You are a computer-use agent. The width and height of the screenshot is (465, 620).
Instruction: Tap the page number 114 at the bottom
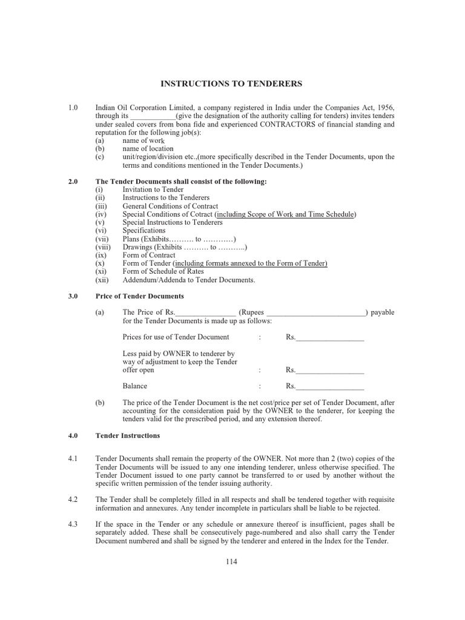[x=231, y=562]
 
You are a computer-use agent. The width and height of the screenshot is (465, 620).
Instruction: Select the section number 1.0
[x=73, y=107]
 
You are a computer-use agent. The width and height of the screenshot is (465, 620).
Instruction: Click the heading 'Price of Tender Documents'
[x=140, y=296]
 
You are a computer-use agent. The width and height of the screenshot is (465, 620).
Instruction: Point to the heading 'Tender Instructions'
[x=128, y=435]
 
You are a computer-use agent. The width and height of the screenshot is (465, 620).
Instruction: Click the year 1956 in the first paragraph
[x=383, y=107]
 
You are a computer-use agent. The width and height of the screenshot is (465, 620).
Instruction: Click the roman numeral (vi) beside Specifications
[x=102, y=231]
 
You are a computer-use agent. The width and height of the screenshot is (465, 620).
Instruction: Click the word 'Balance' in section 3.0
[x=134, y=386]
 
